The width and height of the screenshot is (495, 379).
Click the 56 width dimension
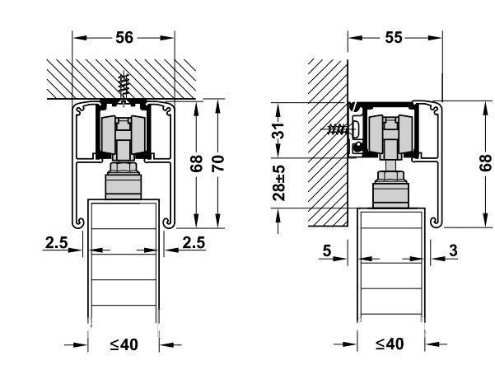124,38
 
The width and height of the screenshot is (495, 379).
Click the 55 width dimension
394,38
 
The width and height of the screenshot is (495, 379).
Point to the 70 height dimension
217,163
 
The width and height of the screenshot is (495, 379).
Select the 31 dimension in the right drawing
278,130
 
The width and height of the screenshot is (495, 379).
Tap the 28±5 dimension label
278,183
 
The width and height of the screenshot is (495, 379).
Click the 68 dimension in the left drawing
196,163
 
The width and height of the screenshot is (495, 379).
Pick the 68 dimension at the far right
486,163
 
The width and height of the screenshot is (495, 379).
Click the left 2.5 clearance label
57,242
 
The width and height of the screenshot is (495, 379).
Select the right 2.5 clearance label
194,242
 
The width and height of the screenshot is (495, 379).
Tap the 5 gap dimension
327,250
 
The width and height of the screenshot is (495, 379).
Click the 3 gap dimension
453,250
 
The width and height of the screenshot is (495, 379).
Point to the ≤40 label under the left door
124,344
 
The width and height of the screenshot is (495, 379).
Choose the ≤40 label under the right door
390,344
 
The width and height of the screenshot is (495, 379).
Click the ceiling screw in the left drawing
124,87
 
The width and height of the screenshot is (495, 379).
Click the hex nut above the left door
124,166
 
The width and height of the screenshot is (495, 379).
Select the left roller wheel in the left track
108,135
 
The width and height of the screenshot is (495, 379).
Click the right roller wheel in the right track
406,133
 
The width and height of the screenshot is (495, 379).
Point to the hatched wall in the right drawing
327,143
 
